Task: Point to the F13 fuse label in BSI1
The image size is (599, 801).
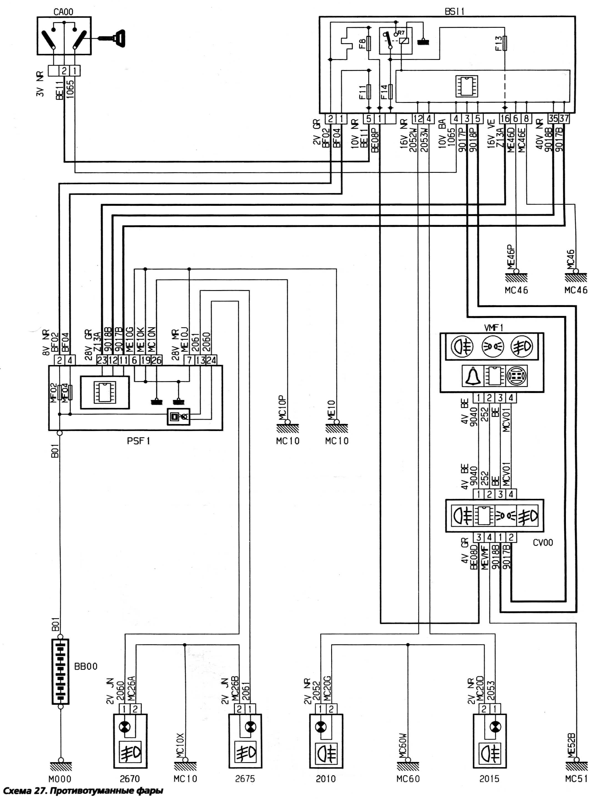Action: [498, 44]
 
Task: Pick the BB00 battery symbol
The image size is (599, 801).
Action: [61, 672]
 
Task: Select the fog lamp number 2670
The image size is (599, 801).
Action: [130, 779]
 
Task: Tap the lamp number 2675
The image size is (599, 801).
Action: [245, 779]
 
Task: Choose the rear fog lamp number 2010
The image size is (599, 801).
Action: [325, 779]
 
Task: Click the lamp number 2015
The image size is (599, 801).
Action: [489, 779]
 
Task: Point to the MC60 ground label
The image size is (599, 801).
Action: [408, 779]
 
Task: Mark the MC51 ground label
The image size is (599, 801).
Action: [576, 779]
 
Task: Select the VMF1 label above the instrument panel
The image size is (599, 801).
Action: [494, 328]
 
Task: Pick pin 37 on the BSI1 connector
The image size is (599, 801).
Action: [564, 118]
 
